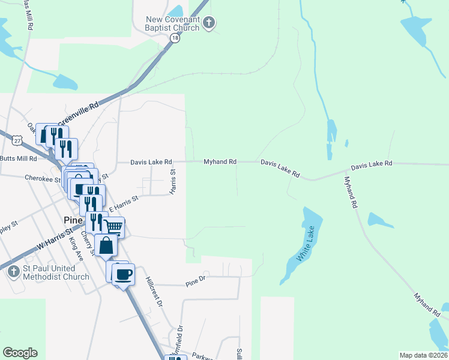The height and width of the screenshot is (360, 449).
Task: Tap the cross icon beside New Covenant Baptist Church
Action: [x=208, y=23]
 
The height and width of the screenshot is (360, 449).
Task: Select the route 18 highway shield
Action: [x=175, y=38]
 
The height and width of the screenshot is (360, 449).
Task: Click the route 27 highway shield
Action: [x=16, y=139]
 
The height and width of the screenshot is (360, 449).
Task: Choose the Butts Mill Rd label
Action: [x=19, y=158]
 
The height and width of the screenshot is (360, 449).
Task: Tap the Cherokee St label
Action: [x=43, y=178]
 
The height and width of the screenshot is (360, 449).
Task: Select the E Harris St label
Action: [x=123, y=202]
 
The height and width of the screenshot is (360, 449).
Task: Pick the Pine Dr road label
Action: [x=196, y=279]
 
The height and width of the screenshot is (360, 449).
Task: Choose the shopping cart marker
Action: [x=113, y=227]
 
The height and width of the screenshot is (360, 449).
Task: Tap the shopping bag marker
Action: [x=106, y=246]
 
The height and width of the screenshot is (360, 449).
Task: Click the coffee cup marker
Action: [x=123, y=274]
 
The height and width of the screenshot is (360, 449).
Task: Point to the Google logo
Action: [x=20, y=353]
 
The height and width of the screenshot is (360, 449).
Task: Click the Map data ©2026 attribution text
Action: [x=423, y=355]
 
